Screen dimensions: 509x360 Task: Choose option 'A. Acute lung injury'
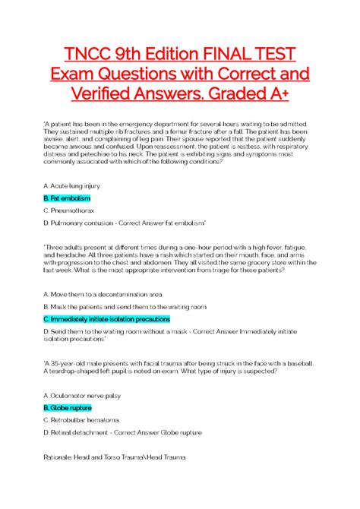[x=72, y=185]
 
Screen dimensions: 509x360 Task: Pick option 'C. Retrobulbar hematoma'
[x=82, y=419]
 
